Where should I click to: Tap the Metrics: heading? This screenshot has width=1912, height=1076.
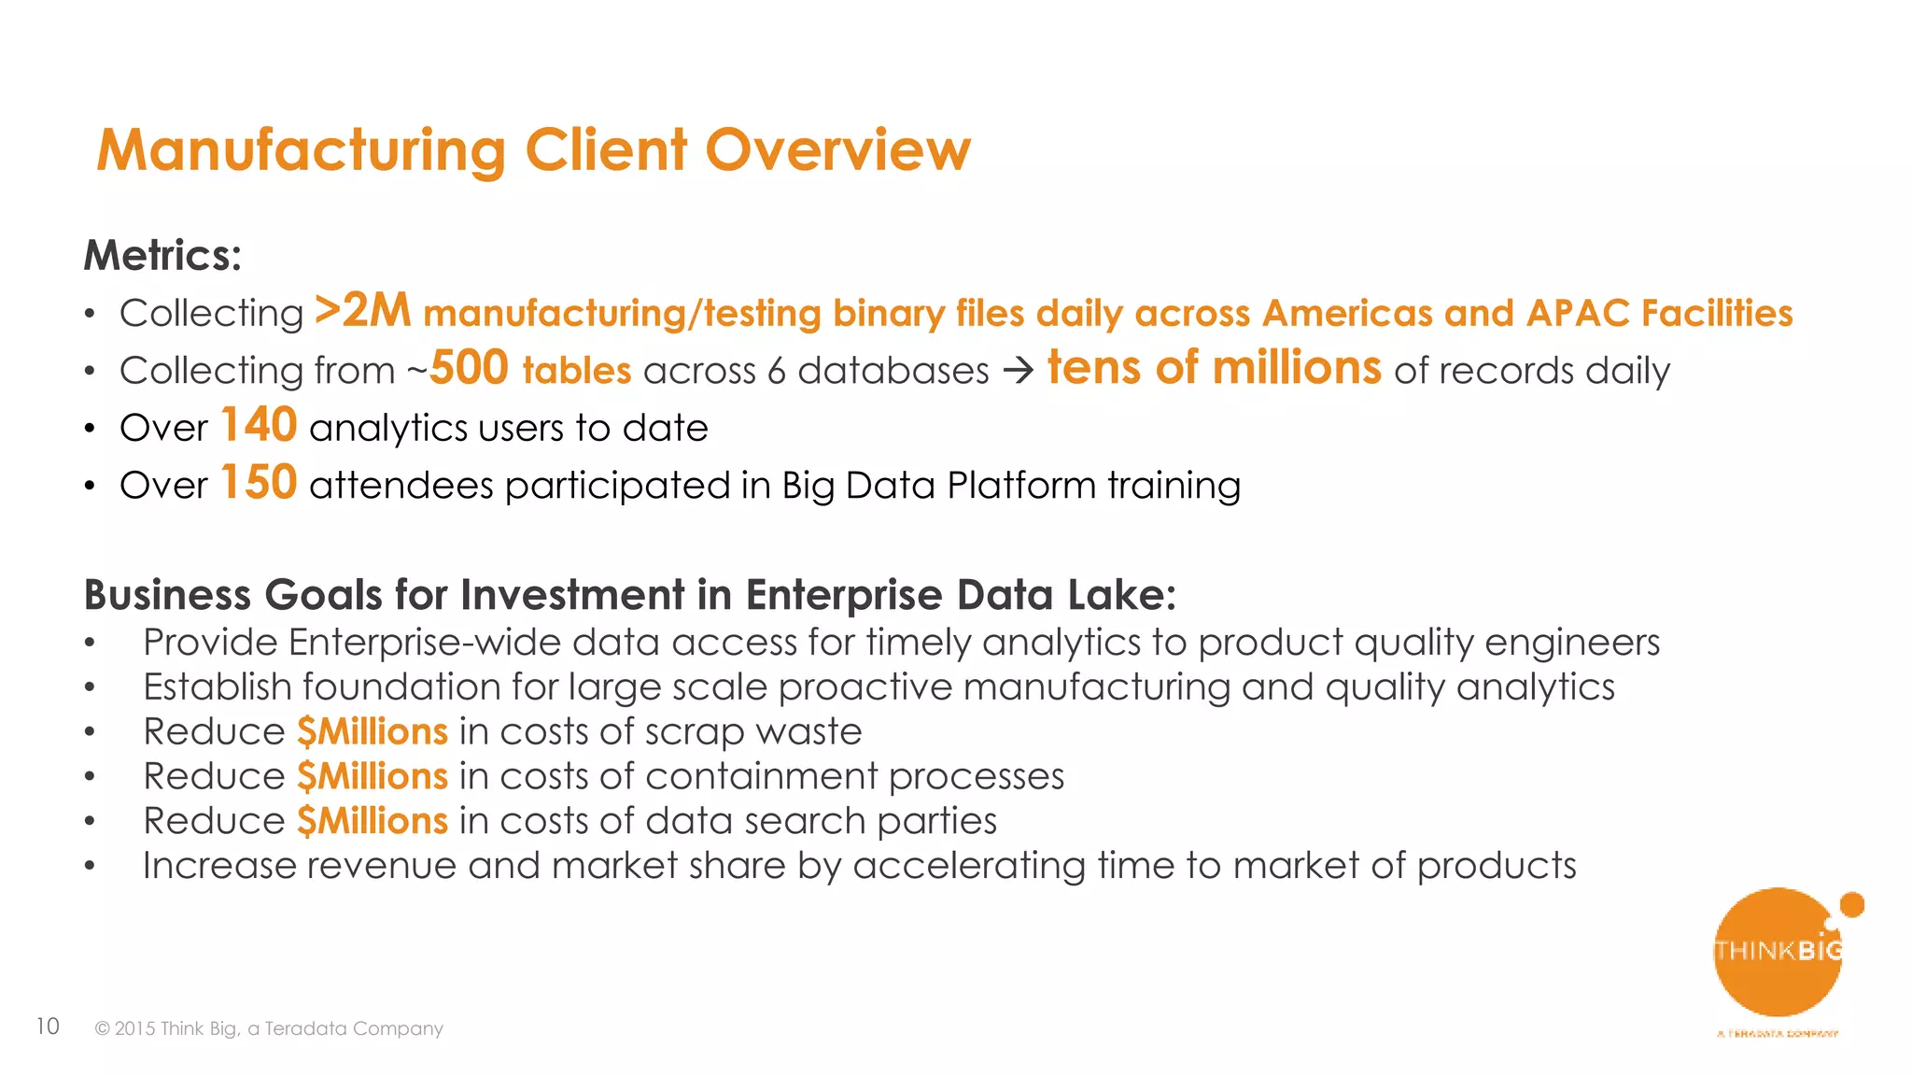[162, 255]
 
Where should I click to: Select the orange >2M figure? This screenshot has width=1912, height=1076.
[362, 311]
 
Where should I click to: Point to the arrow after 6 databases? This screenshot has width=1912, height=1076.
[1018, 371]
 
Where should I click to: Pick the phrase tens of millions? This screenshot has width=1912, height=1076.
[1214, 368]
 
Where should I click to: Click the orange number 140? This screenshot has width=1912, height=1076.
[259, 425]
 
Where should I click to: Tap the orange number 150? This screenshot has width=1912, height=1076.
[259, 483]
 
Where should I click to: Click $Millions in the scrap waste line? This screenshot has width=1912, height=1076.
[373, 731]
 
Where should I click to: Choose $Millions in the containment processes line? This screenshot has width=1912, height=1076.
[373, 776]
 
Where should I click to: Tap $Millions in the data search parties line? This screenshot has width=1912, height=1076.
[373, 821]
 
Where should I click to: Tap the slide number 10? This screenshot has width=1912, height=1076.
[48, 1026]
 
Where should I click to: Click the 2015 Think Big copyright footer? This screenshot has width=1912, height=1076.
[269, 1028]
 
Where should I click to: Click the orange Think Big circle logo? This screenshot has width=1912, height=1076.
[1778, 952]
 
